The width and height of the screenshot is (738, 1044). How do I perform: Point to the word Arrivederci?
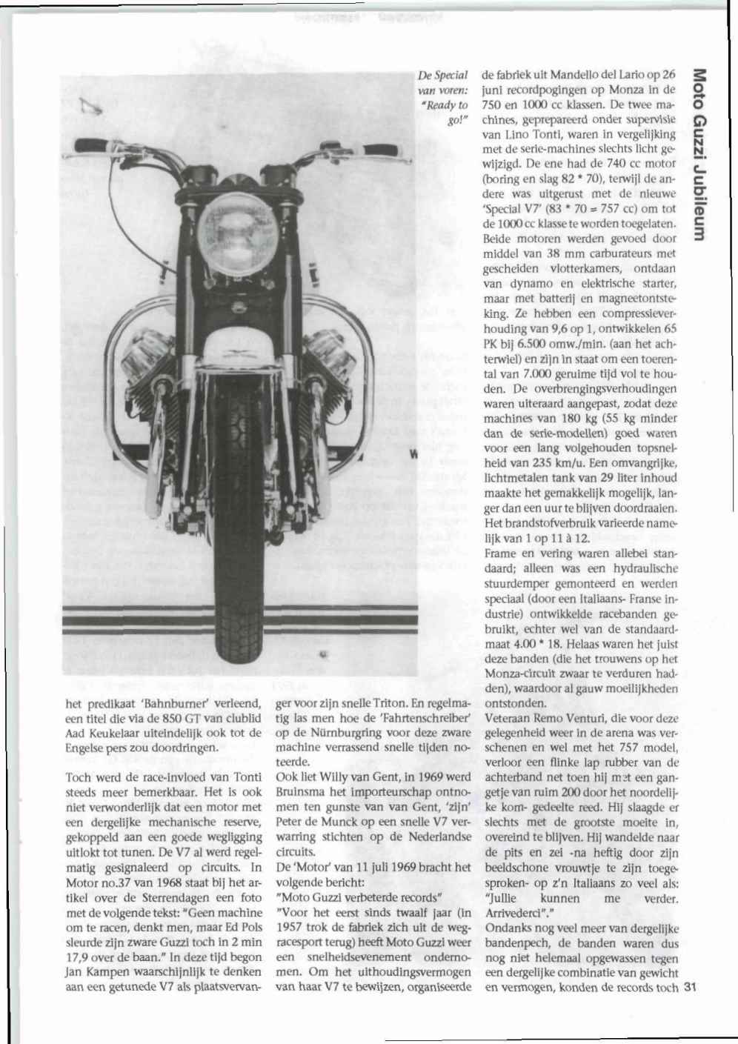[x=516, y=914]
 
